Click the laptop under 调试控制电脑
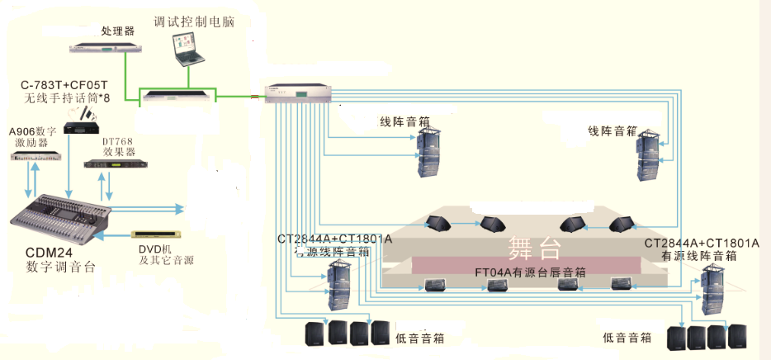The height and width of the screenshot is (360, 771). click(x=187, y=50)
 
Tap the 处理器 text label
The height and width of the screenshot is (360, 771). click(x=117, y=31)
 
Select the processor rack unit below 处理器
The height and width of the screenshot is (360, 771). click(x=106, y=49)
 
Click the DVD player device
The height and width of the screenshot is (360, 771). click(x=157, y=234)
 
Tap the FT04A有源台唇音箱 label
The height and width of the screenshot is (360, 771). click(x=530, y=272)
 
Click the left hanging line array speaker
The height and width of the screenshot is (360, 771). click(x=429, y=153)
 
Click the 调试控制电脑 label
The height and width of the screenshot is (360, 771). click(x=194, y=21)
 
